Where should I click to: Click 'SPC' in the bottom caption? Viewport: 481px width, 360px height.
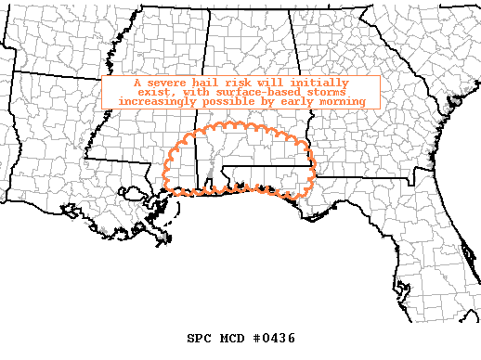pos(201,338)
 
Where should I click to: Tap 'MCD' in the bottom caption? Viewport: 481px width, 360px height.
pos(233,338)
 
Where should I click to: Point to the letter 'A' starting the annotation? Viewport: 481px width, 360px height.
pos(124,82)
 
